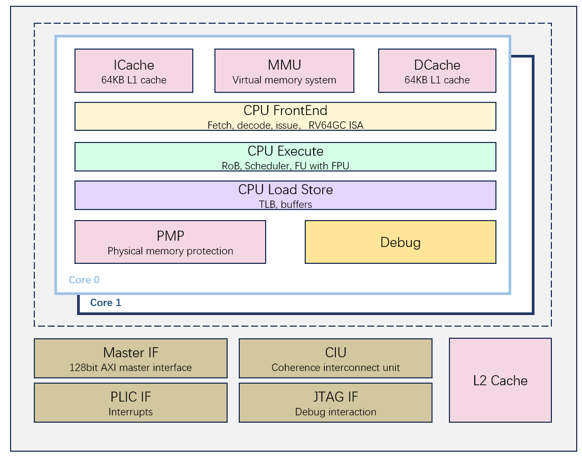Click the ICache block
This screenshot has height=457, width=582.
(134, 71)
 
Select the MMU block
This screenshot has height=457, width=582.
(284, 71)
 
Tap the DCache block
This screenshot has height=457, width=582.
(437, 71)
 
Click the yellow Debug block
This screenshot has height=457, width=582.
(400, 242)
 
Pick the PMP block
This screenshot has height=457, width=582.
(170, 242)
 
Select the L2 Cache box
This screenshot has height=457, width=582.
(500, 380)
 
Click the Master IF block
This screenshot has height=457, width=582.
(130, 358)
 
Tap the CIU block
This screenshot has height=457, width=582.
(335, 358)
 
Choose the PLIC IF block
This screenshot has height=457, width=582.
(130, 403)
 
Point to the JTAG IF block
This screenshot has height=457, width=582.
(335, 403)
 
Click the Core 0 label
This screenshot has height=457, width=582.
(84, 280)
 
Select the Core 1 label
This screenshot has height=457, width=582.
(106, 303)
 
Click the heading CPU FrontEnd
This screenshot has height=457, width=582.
(285, 110)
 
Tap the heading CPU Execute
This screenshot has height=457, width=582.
(285, 151)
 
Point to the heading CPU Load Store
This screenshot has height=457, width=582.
(285, 189)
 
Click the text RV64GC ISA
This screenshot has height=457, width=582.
(336, 126)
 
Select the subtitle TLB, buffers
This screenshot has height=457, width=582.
(285, 204)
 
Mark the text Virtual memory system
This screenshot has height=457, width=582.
(284, 80)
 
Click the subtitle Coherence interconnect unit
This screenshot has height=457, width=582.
(335, 367)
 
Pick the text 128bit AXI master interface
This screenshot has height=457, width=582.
(130, 367)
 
